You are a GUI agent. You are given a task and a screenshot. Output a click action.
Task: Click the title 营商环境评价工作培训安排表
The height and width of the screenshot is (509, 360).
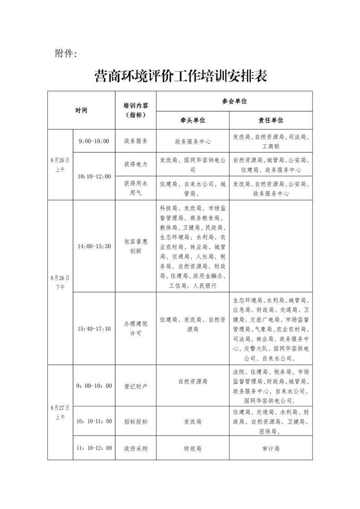click(x=180, y=75)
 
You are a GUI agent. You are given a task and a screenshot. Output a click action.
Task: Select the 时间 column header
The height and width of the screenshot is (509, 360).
click(x=81, y=110)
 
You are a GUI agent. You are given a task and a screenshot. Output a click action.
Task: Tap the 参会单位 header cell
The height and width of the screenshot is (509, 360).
click(x=234, y=102)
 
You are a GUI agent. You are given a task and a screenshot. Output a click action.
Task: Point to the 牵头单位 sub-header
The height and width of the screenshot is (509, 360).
click(x=193, y=120)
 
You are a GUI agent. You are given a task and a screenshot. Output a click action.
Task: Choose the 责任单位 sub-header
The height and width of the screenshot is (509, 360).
click(x=271, y=120)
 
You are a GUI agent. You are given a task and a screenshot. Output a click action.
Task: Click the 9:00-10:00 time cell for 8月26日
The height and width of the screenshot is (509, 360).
click(x=94, y=142)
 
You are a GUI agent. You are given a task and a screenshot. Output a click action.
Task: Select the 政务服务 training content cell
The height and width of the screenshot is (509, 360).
click(x=136, y=142)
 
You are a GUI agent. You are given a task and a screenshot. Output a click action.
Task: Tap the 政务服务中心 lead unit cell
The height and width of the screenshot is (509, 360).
click(x=193, y=142)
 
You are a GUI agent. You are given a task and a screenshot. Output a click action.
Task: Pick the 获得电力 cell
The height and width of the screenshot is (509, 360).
click(x=136, y=165)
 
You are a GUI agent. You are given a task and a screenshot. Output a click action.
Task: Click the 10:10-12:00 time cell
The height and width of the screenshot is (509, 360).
click(x=94, y=176)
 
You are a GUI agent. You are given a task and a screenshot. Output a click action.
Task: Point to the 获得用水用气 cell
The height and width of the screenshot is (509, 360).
click(x=136, y=188)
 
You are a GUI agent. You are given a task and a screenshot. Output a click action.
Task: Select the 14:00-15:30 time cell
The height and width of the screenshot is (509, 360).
click(x=94, y=246)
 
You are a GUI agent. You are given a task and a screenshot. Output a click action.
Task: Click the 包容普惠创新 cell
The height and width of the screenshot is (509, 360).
click(x=136, y=246)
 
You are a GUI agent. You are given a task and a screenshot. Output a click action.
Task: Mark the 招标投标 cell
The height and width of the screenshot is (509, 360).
click(x=136, y=421)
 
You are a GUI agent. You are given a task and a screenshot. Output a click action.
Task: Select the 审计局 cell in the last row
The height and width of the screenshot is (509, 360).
click(x=271, y=448)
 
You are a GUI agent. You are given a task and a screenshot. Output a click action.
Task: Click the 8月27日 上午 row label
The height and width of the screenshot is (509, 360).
click(x=60, y=412)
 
